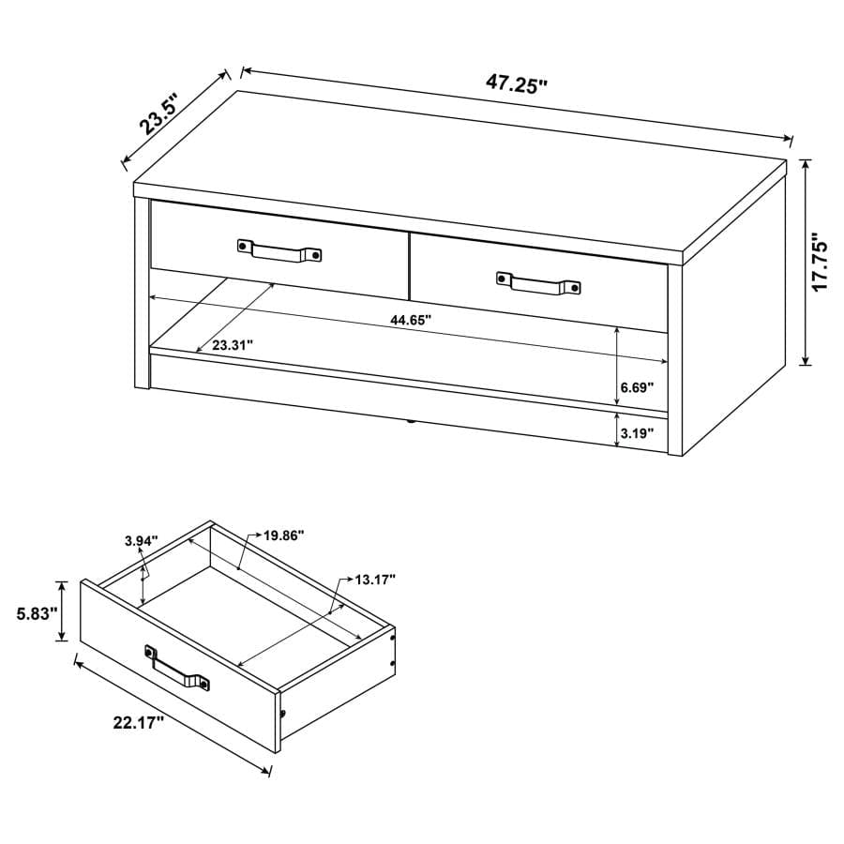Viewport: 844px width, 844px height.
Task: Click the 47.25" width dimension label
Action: pyautogui.click(x=516, y=83)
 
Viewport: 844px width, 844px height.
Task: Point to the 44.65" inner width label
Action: pyautogui.click(x=411, y=321)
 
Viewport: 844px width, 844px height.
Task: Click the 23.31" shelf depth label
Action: pyautogui.click(x=233, y=345)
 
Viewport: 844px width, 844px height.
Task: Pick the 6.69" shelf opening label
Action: pyautogui.click(x=637, y=386)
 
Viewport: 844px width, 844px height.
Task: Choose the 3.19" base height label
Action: pyautogui.click(x=637, y=433)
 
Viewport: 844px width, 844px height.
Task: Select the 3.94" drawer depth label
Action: pyautogui.click(x=142, y=540)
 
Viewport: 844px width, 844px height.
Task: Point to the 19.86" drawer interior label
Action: pyautogui.click(x=283, y=535)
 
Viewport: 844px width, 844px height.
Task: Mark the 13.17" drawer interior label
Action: pyautogui.click(x=375, y=579)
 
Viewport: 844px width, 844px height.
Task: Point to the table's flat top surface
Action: pyautogui.click(x=460, y=169)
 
